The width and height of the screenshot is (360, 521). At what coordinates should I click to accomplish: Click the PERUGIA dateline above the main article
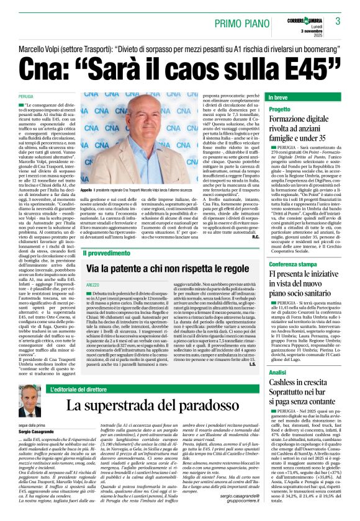26,97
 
